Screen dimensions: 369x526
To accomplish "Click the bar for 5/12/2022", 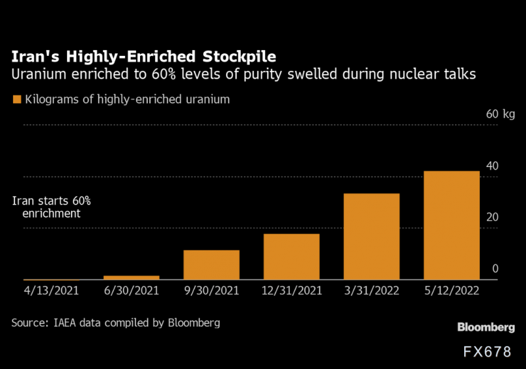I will coord(452,226).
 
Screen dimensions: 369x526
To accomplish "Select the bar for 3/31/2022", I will coord(371,237).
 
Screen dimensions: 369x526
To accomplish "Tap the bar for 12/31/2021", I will coord(291,257).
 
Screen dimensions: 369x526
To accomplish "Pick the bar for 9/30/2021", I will coord(211,265).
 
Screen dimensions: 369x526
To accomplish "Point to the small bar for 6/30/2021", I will coord(131,278).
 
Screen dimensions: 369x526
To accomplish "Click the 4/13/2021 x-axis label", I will coord(51,290).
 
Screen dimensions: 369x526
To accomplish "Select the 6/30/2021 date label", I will coord(131,290).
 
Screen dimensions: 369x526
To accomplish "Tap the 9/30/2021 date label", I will coord(211,290).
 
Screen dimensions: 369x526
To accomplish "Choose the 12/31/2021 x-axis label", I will coord(291,290).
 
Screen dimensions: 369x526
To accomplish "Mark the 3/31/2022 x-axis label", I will coord(371,290).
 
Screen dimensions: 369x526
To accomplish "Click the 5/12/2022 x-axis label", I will coord(452,290).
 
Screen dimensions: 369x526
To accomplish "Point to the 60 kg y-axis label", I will coord(500,114).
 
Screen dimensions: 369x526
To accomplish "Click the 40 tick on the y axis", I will coord(492,166).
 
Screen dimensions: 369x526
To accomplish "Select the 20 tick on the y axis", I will coord(492,217).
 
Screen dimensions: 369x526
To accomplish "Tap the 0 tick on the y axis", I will coord(495,268).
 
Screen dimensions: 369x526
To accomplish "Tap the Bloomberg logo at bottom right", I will coord(486,328).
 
